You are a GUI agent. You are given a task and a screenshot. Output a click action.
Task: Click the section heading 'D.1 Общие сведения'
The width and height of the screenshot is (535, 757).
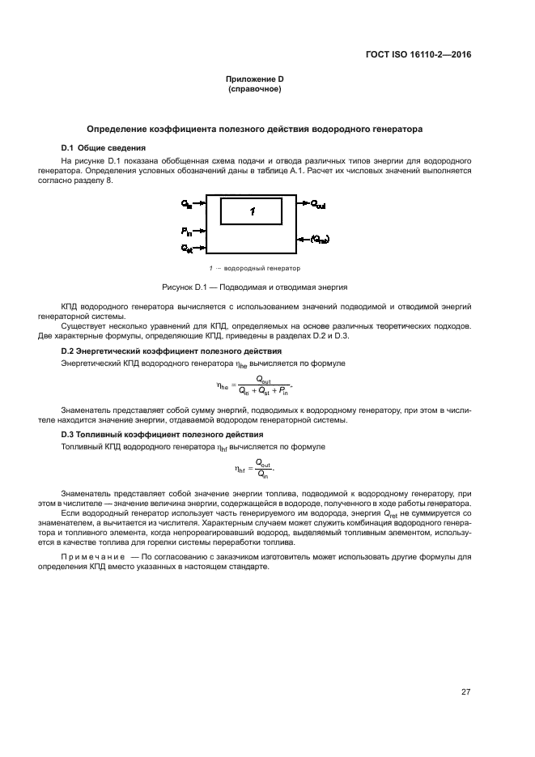[104, 148]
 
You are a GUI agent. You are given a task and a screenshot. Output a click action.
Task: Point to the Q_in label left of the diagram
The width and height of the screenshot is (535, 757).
[187, 205]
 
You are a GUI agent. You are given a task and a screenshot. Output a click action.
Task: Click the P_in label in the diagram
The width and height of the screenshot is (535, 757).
[187, 232]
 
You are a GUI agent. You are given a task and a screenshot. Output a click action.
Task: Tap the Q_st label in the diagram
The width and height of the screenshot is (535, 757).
[187, 247]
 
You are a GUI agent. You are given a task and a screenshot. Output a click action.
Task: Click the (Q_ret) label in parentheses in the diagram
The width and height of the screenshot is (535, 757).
[319, 239]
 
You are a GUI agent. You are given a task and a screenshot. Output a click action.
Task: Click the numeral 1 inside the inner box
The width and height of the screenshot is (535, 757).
[253, 211]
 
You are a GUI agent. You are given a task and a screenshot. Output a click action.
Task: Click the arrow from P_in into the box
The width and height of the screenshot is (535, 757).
[200, 232]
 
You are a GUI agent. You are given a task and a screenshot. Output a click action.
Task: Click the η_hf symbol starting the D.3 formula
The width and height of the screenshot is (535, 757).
[240, 468]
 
